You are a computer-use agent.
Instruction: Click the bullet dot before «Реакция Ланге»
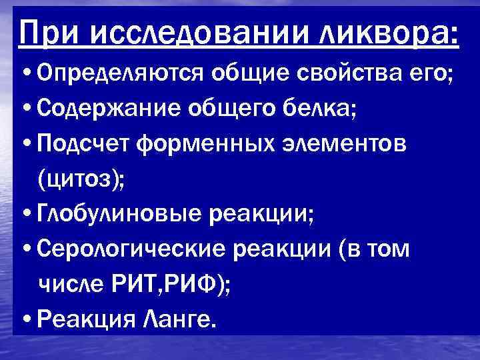click(x=25, y=320)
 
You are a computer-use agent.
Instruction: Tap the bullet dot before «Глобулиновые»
click(x=25, y=214)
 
